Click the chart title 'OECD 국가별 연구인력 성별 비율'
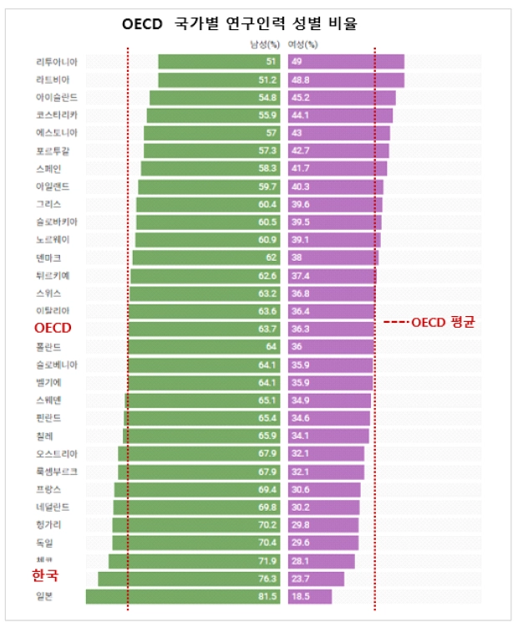[239, 24]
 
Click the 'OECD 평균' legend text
[429, 322]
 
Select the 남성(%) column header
[264, 45]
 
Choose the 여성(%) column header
[302, 45]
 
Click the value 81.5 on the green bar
[266, 596]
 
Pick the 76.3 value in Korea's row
[266, 579]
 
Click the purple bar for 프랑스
[324, 489]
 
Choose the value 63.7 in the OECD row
[266, 329]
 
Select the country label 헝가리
[48, 525]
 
